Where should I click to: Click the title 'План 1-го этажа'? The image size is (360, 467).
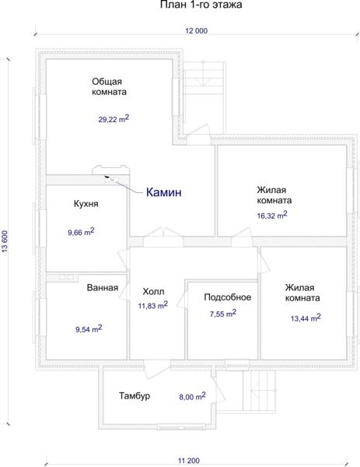[x=201, y=5]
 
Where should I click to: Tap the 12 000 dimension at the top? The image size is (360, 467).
[x=197, y=30]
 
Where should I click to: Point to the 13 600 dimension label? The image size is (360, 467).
[x=5, y=241]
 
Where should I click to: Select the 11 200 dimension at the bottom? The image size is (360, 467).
[x=189, y=461]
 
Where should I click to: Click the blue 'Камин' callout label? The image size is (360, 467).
[x=163, y=192]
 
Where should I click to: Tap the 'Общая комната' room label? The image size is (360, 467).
[x=109, y=86]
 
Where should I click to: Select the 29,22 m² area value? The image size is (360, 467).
[x=114, y=118]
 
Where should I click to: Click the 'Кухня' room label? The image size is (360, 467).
[x=86, y=204]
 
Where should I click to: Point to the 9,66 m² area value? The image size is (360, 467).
[x=81, y=232]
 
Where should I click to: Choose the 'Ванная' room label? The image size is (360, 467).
[x=103, y=288]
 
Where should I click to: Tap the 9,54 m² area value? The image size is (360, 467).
[x=89, y=328]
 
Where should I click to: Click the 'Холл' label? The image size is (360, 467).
[x=153, y=291]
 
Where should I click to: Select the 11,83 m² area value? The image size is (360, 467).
[x=153, y=305]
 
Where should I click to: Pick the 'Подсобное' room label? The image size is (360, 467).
[x=228, y=297]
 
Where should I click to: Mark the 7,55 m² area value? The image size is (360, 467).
[x=223, y=314]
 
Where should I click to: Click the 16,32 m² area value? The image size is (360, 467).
[x=272, y=215]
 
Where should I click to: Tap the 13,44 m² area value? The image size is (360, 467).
[x=306, y=318]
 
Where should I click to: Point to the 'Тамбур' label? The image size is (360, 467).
[x=135, y=396]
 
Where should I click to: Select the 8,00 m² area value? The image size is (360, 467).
[x=192, y=396]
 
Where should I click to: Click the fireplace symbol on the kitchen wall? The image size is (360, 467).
[x=111, y=172]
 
